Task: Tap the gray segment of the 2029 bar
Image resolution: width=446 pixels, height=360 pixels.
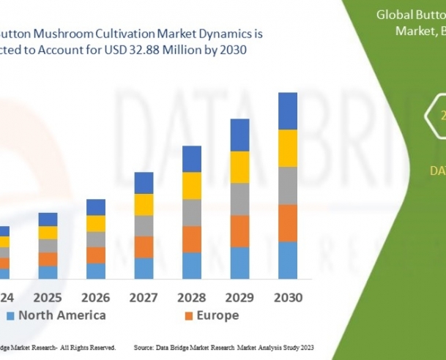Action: (240, 199)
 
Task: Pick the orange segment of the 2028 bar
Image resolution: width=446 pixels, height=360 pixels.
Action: (192, 239)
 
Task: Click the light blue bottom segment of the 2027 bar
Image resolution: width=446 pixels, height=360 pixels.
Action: (144, 268)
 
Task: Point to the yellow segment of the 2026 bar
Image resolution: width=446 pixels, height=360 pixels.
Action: (96, 223)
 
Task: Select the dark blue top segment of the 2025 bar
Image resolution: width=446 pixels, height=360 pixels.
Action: (48, 219)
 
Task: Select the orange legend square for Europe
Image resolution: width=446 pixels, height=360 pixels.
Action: (188, 316)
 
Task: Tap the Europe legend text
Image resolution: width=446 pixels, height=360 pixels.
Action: (217, 315)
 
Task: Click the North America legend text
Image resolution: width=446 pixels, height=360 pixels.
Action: (62, 315)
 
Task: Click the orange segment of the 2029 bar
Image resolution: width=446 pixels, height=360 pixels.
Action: (240, 231)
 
